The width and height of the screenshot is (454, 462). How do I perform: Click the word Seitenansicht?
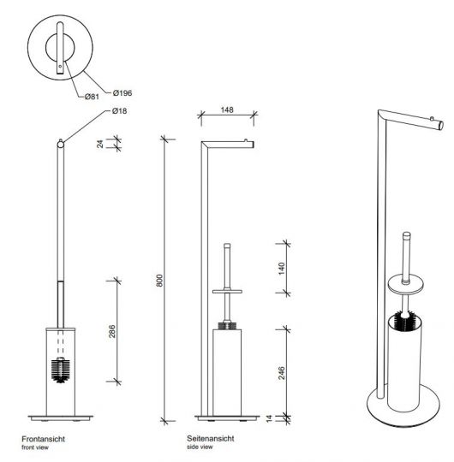[209, 437]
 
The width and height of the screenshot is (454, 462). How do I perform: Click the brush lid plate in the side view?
[227, 293]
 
